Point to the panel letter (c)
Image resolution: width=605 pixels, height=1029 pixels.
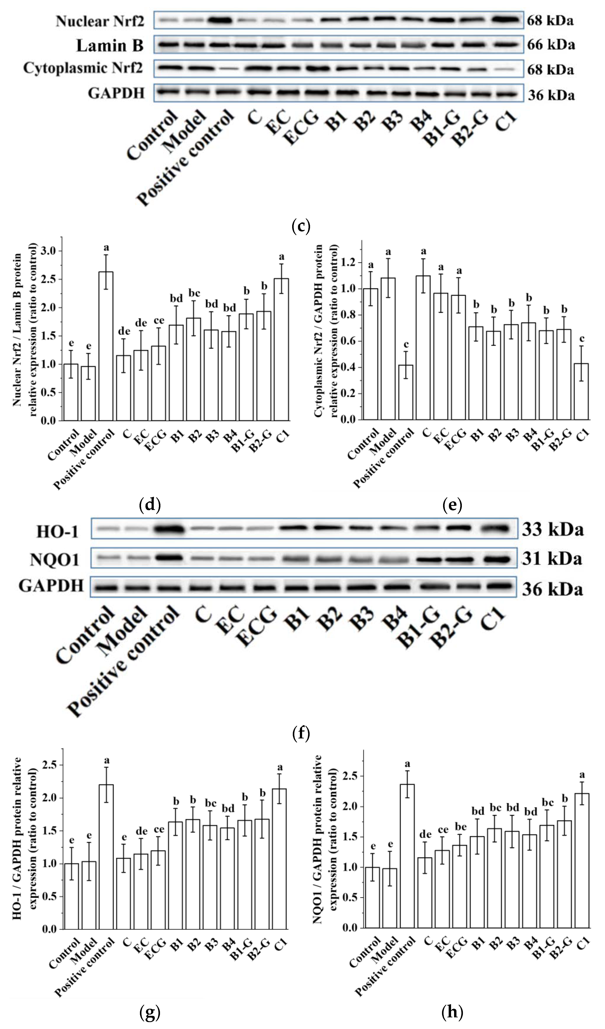301,226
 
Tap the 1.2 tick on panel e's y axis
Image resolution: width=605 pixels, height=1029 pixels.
351,262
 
